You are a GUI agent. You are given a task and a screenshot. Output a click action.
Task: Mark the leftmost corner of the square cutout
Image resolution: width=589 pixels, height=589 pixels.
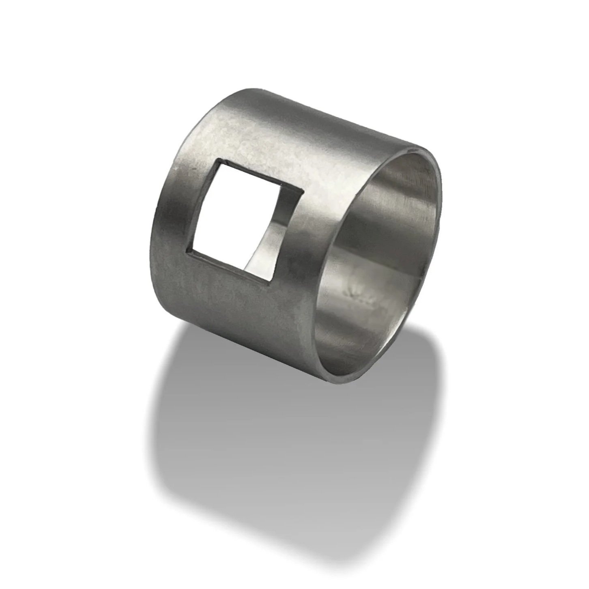pyautogui.click(x=187, y=252)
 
